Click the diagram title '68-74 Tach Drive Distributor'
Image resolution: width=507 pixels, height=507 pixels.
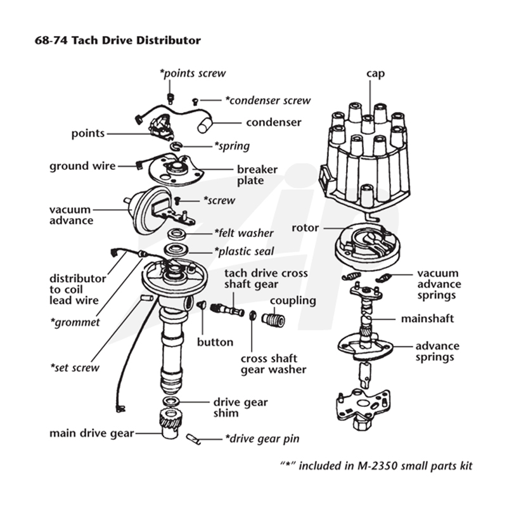pos(117,41)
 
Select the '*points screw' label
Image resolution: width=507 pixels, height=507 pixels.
pos(193,74)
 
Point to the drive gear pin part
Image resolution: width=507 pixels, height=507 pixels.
pos(193,439)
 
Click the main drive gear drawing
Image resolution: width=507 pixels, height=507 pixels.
pos(170,423)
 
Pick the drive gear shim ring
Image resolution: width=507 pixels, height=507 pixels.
pos(170,401)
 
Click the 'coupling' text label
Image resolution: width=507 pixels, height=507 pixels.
pos(293,301)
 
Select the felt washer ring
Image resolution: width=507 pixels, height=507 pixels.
pos(177,233)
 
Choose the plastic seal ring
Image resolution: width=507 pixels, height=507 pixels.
pos(176,250)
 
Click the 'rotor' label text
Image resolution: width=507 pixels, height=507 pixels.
pos(305,228)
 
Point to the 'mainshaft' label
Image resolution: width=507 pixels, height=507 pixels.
pos(427,319)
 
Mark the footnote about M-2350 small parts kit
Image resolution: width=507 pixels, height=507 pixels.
pos(376,466)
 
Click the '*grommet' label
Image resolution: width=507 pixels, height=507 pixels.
pos(75,323)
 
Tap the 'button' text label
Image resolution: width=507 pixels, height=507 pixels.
pos(215,342)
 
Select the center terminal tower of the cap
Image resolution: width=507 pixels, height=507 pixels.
pos(367,124)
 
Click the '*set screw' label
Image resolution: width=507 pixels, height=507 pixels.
pos(75,368)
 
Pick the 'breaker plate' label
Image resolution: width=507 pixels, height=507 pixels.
pos(257,175)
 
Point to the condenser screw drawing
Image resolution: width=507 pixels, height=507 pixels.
pos(195,102)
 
